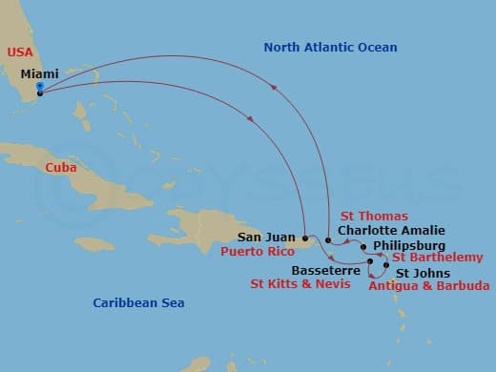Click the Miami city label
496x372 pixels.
39,73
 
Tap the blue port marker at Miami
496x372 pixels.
39,88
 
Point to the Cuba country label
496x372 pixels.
60,167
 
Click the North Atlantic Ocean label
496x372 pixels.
330,47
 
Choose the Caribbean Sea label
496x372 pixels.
138,302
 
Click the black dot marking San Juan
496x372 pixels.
304,238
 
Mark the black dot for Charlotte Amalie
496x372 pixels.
328,240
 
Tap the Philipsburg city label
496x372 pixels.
409,245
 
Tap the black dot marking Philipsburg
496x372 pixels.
364,246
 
